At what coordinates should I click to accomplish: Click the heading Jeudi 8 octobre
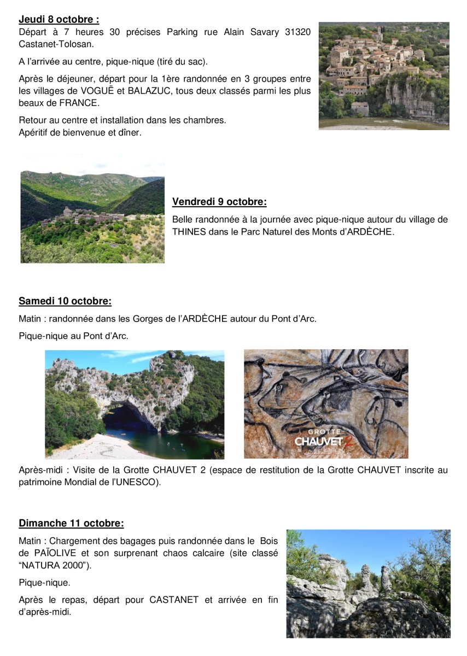coord(59,20)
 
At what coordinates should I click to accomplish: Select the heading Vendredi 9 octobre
coord(219,202)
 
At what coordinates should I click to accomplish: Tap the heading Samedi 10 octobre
coord(65,301)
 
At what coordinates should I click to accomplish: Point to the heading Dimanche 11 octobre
coord(71,524)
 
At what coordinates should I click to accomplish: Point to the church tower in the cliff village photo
coord(379,33)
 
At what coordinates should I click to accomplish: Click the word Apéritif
coord(36,132)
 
